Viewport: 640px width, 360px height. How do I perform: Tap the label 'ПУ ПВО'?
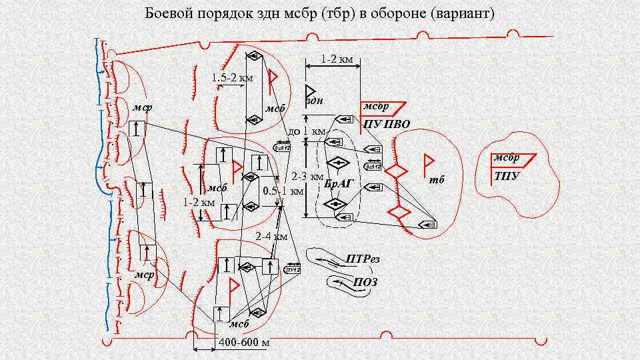pos(387,124)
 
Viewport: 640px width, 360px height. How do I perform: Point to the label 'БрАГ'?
pos(338,183)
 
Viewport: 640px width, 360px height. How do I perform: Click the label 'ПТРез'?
pos(363,259)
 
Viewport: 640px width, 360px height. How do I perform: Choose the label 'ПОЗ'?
pos(365,282)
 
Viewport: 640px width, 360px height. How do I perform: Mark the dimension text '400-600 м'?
pos(244,343)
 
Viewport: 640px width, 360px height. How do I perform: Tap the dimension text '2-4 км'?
pos(272,236)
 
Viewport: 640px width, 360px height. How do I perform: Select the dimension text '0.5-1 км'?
pos(283,192)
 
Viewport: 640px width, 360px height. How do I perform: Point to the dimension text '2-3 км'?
pos(307,177)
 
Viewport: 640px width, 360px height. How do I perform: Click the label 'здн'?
pos(314,101)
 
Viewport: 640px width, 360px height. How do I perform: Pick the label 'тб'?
pos(437,180)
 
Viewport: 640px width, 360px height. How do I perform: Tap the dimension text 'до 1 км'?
pos(306,131)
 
